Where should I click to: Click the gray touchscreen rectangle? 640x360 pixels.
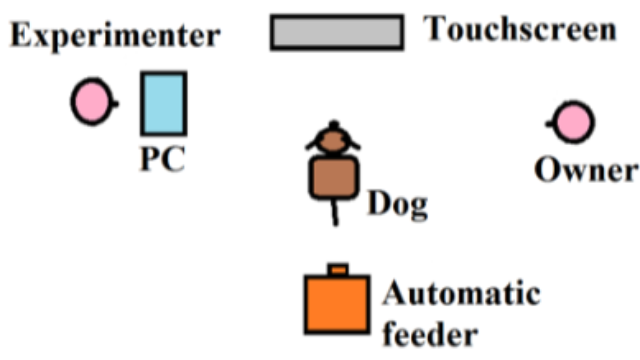click(337, 32)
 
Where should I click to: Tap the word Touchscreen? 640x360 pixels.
click(521, 28)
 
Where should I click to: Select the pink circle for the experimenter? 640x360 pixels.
click(90, 102)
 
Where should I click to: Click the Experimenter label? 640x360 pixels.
click(115, 37)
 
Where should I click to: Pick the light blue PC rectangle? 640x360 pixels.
click(163, 103)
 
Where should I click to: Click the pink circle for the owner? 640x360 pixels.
click(574, 123)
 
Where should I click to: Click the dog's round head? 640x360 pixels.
click(332, 140)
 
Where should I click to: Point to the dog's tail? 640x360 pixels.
click(335, 211)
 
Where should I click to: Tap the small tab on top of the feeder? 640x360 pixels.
click(339, 268)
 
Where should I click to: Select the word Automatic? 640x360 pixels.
click(461, 295)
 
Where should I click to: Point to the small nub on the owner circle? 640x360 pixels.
click(550, 123)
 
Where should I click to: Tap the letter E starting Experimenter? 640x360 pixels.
click(20, 37)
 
